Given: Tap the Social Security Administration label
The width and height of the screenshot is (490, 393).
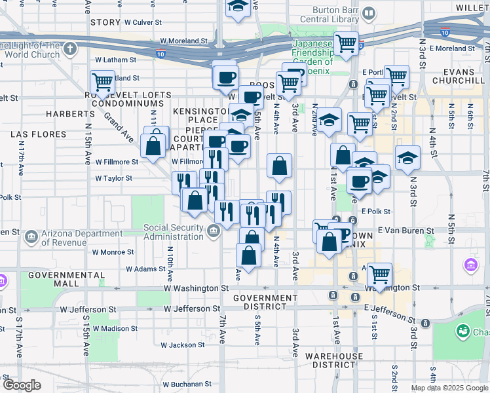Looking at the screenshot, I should pos(174,232).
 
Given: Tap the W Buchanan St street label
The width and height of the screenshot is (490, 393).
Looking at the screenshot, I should pos(186,384).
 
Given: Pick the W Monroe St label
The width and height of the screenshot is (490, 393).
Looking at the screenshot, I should pos(113,252).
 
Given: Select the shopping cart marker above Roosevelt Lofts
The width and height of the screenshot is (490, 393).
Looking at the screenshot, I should pos(102,83).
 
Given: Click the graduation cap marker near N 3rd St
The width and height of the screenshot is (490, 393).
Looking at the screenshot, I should pos(407,157).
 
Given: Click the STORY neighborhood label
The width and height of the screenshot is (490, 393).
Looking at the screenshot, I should pos(105,22).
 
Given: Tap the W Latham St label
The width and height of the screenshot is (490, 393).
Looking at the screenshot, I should pos(115,60).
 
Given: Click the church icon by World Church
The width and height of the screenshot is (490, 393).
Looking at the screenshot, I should pos(70,48).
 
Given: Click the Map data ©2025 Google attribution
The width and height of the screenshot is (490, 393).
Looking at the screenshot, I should pos(449,388).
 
